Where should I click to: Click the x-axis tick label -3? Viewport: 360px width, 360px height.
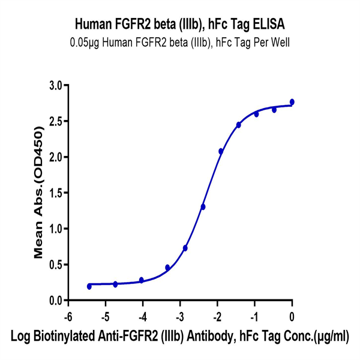coord(179,315)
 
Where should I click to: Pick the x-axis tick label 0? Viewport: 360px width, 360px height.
coord(292,315)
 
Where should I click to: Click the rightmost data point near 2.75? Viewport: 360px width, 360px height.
coord(292,102)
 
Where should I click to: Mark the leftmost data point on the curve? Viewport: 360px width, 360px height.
coord(89,286)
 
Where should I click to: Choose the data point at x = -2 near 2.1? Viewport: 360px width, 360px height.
coord(221,151)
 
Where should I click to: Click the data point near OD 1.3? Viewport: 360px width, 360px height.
coord(203,207)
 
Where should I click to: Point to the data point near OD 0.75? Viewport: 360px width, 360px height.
coord(185,248)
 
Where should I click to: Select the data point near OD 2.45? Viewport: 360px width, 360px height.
coord(239,125)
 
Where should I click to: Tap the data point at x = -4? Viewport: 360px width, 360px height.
coord(142,280)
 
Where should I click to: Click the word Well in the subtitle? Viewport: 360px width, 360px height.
coord(279,43)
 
